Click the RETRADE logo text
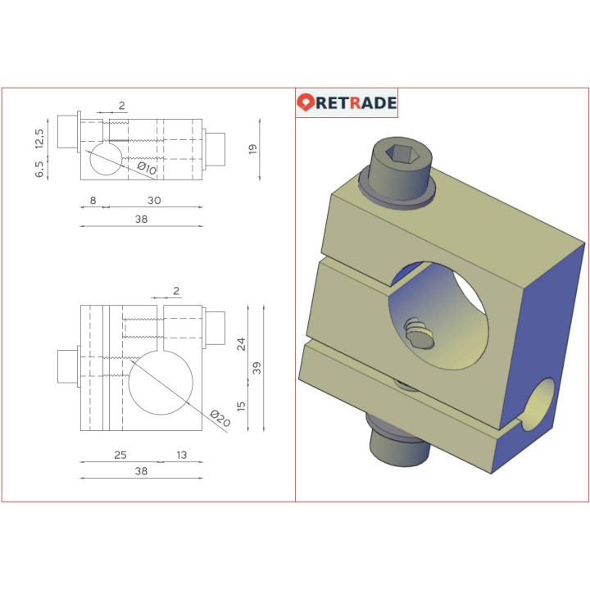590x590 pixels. [x=356, y=103]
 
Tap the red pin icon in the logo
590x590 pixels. [x=306, y=103]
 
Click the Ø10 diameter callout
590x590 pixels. [x=147, y=169]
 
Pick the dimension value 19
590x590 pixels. [x=253, y=149]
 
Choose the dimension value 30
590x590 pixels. [x=154, y=199]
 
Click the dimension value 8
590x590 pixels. [x=93, y=199]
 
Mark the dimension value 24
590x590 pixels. [x=241, y=343]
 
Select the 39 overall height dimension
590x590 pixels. [x=256, y=367]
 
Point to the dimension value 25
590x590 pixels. [x=120, y=455]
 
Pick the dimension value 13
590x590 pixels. [x=181, y=455]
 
